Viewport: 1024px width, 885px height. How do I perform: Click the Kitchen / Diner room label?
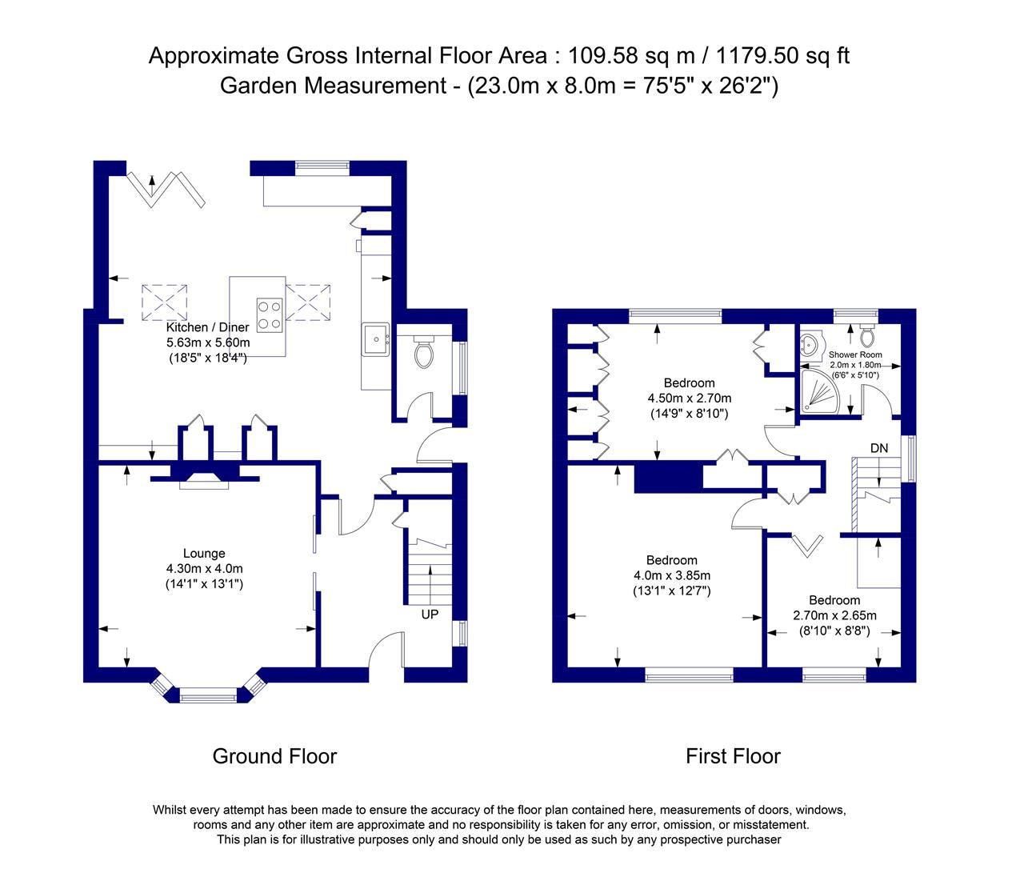pos(207,327)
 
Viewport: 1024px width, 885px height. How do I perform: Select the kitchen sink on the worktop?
pos(375,338)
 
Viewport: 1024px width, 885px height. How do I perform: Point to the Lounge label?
pos(204,553)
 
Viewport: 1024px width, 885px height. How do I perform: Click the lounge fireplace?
pos(204,479)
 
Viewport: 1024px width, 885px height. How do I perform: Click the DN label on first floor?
pos(879,448)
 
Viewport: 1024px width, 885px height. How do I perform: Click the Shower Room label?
pos(855,354)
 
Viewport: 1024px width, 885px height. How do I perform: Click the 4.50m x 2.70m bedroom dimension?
pos(689,398)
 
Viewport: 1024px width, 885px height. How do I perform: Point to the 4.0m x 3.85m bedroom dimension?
pos(671,575)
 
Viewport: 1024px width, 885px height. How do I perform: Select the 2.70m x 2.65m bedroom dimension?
pos(834,615)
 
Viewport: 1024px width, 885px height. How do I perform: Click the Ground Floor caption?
pos(274,756)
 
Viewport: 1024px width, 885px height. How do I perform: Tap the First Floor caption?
pos(733,756)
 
